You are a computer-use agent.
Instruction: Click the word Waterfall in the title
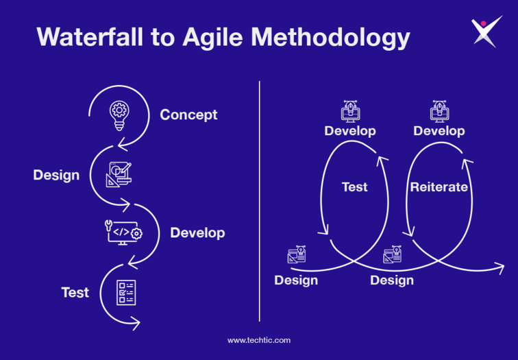point(90,36)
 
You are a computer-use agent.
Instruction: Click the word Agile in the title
point(213,38)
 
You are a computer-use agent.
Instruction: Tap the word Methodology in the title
point(331,38)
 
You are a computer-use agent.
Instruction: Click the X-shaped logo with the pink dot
point(486,32)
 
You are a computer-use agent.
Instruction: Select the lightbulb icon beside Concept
point(119,116)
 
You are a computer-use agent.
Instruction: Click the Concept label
point(188,115)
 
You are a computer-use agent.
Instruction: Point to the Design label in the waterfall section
point(56,176)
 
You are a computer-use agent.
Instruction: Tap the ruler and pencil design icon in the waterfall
point(119,175)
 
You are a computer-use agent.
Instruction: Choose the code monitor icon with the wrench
point(123,232)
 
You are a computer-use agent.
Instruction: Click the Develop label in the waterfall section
point(197,233)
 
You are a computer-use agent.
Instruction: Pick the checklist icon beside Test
point(126,293)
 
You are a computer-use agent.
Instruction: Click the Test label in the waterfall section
point(75,293)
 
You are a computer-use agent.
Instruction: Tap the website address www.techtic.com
point(259,341)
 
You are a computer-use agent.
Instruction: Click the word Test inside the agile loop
point(354,187)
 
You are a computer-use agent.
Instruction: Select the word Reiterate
point(439,187)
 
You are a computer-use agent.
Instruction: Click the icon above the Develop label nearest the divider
point(351,111)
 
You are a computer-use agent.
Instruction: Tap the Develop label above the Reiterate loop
point(439,131)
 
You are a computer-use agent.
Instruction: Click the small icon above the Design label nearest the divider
point(297,254)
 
